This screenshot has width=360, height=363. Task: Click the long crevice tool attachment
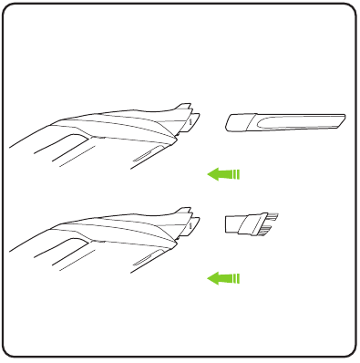(x=285, y=120)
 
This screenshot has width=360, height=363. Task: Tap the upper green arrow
(x=223, y=173)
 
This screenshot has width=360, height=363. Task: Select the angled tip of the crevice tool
(x=339, y=118)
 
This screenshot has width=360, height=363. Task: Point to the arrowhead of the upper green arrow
(x=213, y=173)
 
